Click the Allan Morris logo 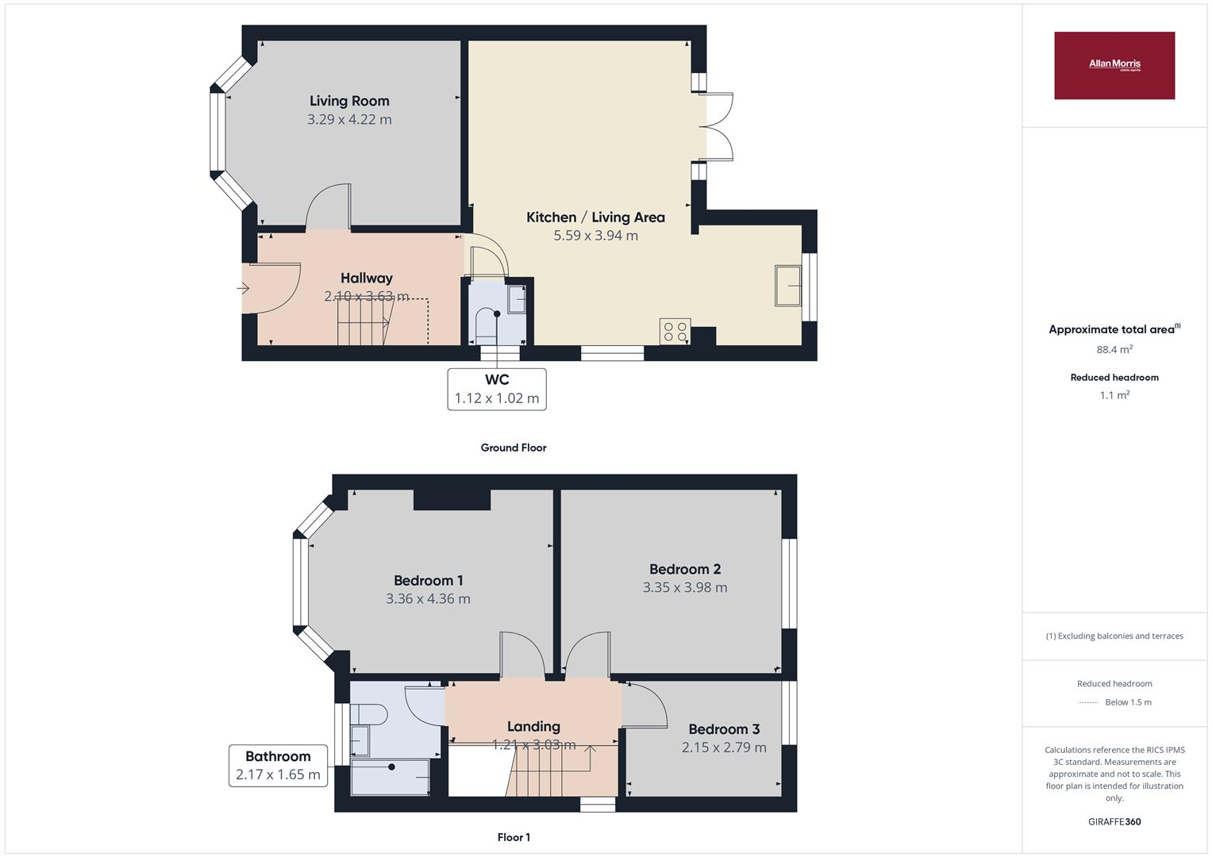click(x=1114, y=65)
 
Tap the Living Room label click(x=349, y=101)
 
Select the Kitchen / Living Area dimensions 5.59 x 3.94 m click(x=595, y=236)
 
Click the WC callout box click(x=497, y=389)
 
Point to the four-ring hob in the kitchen click(x=675, y=332)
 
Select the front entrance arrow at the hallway click(x=243, y=288)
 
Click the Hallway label click(x=366, y=278)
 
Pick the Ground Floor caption click(x=514, y=448)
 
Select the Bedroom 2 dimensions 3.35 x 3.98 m click(x=685, y=588)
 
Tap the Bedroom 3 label click(x=724, y=729)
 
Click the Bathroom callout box click(x=278, y=766)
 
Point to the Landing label click(x=533, y=726)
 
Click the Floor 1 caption click(x=514, y=837)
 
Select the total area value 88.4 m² click(x=1114, y=349)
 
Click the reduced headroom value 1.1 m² click(x=1114, y=395)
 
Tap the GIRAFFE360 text click(x=1114, y=821)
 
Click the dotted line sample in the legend click(x=1088, y=702)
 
